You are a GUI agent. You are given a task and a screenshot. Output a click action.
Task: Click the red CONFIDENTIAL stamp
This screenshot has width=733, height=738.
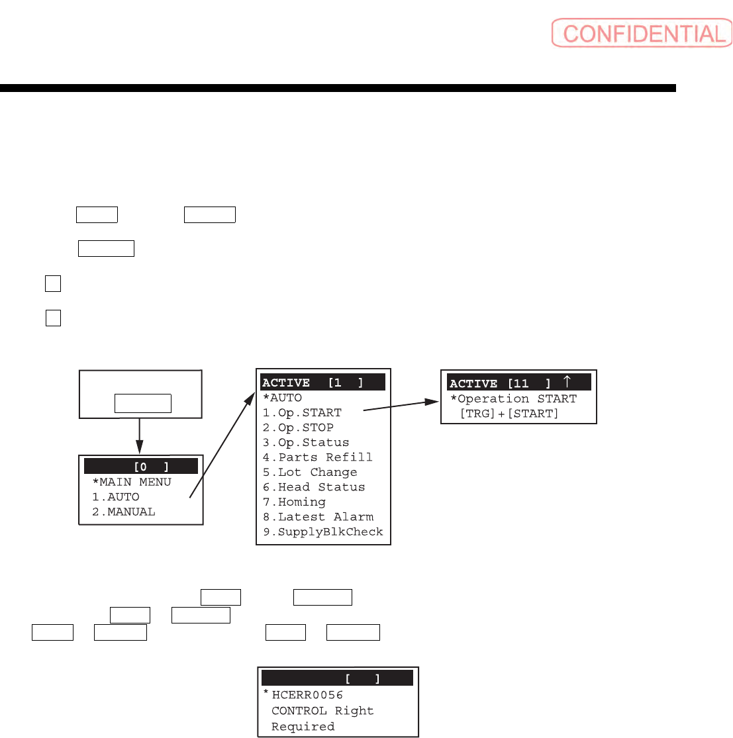(x=642, y=33)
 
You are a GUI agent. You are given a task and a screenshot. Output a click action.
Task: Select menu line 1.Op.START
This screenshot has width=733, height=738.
(x=303, y=412)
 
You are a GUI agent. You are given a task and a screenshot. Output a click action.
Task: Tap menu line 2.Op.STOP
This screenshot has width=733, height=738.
(x=299, y=428)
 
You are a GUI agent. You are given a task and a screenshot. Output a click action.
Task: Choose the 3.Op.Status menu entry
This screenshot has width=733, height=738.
(x=306, y=442)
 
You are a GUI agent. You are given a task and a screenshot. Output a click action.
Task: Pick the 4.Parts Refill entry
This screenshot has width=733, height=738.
(x=318, y=457)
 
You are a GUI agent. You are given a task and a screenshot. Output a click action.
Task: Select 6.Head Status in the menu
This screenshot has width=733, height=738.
(x=314, y=487)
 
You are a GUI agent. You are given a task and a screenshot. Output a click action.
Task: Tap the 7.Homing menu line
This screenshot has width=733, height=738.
(x=295, y=502)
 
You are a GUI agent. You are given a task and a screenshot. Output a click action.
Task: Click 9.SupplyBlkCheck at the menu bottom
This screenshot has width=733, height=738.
(x=323, y=532)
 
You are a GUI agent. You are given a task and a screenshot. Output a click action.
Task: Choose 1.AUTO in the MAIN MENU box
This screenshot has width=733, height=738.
(x=116, y=497)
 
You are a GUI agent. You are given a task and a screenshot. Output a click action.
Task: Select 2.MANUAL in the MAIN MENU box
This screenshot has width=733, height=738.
(x=124, y=512)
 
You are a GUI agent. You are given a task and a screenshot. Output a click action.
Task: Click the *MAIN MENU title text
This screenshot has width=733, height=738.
(x=132, y=482)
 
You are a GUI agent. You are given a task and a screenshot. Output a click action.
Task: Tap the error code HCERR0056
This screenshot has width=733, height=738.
(x=307, y=695)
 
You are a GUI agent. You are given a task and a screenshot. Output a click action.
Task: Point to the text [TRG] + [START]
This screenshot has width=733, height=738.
(x=509, y=414)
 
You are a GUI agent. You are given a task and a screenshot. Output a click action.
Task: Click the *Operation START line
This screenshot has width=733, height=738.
(x=513, y=398)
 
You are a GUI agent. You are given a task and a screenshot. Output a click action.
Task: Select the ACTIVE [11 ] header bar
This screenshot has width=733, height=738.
(x=518, y=383)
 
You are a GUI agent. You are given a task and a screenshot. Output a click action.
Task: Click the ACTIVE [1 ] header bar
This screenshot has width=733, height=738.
(x=323, y=383)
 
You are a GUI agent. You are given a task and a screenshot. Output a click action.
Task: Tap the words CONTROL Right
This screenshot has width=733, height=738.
(x=322, y=711)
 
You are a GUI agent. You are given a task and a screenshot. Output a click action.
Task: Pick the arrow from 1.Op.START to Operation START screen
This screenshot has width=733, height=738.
(x=402, y=405)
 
